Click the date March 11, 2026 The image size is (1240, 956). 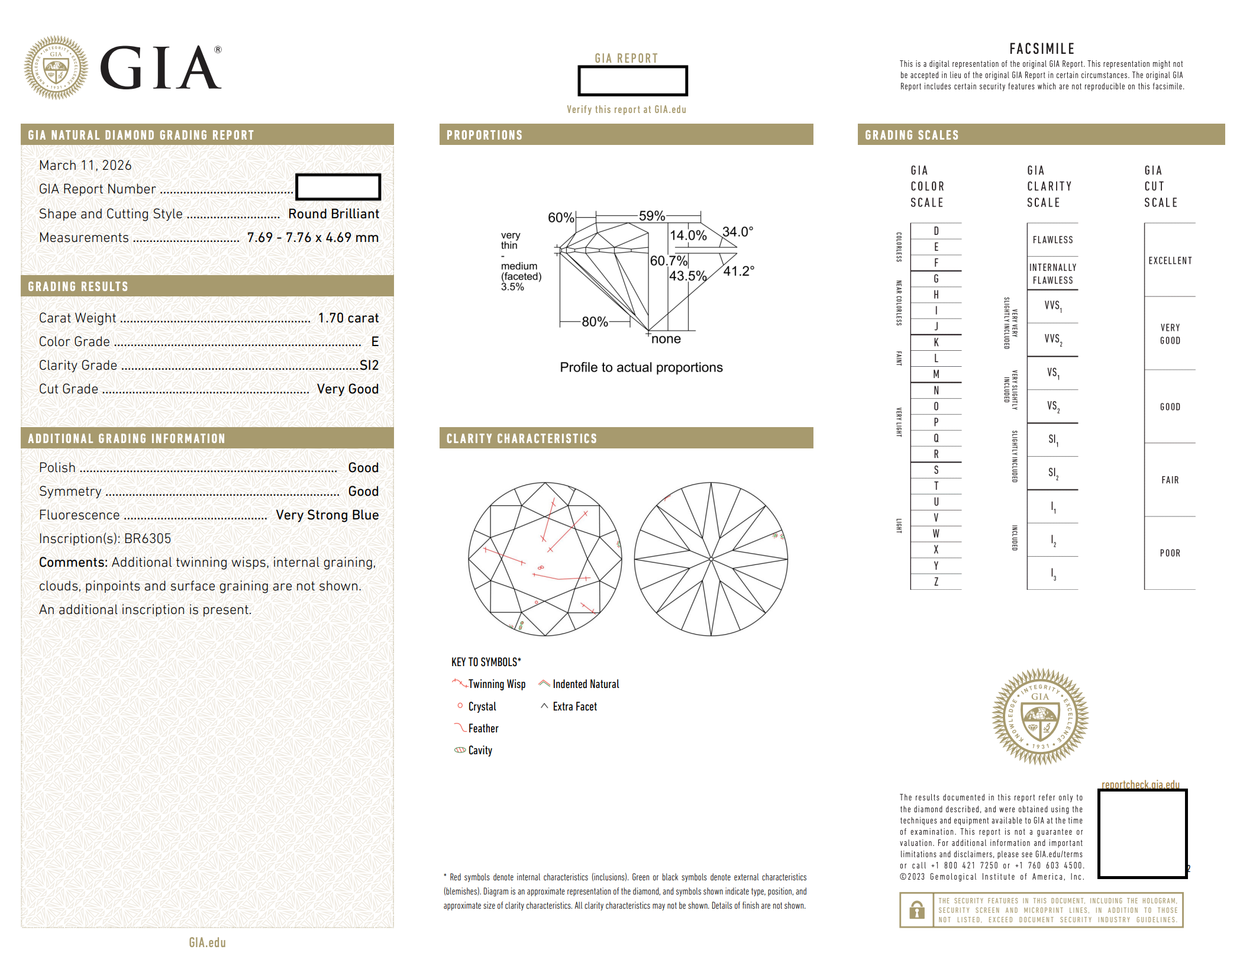[85, 166]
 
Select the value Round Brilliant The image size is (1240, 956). [334, 214]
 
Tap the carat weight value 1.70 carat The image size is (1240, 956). [348, 318]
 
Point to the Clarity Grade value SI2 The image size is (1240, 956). [369, 366]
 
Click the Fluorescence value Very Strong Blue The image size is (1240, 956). [327, 515]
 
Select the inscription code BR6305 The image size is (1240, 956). [147, 539]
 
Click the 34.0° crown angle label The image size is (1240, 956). [738, 231]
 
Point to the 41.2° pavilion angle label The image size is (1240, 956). [739, 271]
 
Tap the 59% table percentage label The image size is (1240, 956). [652, 216]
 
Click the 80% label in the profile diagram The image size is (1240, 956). [595, 322]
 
